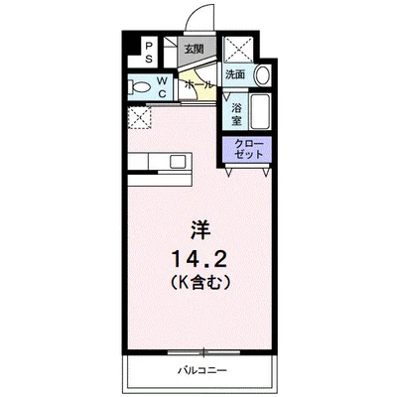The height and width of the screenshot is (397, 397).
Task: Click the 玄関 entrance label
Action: pyautogui.click(x=194, y=50)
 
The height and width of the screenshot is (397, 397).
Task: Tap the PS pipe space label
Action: pyautogui.click(x=149, y=52)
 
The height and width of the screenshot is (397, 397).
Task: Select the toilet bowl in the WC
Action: pyautogui.click(x=140, y=88)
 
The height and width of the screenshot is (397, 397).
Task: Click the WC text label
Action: pyautogui.click(x=162, y=86)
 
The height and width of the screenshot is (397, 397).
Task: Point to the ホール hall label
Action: pyautogui.click(x=198, y=84)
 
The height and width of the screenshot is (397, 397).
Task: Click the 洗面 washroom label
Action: pyautogui.click(x=235, y=74)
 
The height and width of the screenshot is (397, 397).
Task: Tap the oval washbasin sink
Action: pyautogui.click(x=263, y=75)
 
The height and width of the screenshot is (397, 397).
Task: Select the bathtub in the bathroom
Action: pyautogui.click(x=260, y=112)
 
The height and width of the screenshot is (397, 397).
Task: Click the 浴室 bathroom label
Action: pyautogui.click(x=236, y=114)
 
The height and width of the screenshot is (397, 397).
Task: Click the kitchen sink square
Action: pyautogui.click(x=177, y=162)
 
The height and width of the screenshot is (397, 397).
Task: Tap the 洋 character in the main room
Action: pyautogui.click(x=200, y=230)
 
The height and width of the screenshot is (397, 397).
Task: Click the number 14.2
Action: pyautogui.click(x=198, y=259)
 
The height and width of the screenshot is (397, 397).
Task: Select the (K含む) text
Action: pyautogui.click(x=200, y=283)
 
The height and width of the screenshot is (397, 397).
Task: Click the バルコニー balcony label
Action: pyautogui.click(x=202, y=370)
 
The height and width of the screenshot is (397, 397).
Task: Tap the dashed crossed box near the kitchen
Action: pyautogui.click(x=139, y=117)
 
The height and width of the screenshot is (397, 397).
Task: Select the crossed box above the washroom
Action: pyautogui.click(x=239, y=50)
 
